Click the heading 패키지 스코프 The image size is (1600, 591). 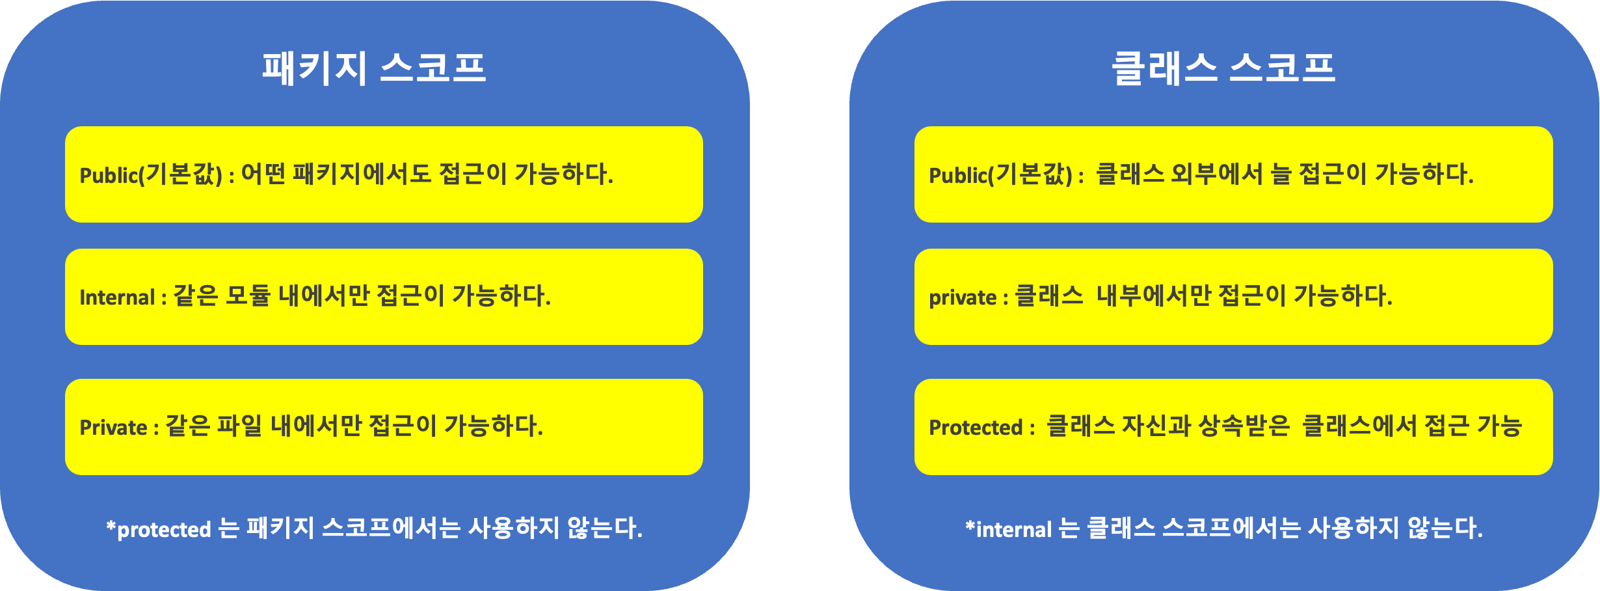[x=374, y=68]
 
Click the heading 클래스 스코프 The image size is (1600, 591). [x=1223, y=68]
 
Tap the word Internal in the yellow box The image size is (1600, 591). [x=117, y=297]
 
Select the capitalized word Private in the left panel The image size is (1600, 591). [x=113, y=428]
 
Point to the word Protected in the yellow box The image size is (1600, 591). [x=976, y=428]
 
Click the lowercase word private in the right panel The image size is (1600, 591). [x=963, y=297]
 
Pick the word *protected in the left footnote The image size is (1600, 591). [x=159, y=529]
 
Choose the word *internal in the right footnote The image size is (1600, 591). [x=1009, y=529]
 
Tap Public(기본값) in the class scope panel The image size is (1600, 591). [x=1000, y=174]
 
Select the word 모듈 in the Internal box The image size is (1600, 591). [x=248, y=296]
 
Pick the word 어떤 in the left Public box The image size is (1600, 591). [x=263, y=174]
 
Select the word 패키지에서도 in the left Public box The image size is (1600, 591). [x=362, y=174]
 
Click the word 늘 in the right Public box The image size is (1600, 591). [x=1281, y=174]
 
